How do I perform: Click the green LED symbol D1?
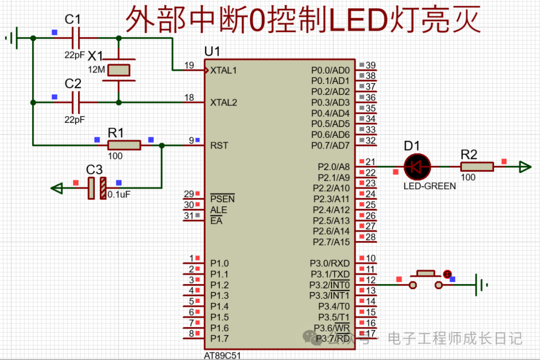(x=416, y=166)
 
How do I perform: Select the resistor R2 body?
(x=477, y=166)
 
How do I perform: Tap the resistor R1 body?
(x=124, y=145)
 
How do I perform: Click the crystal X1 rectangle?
(x=119, y=70)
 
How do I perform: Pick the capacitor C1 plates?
(x=76, y=38)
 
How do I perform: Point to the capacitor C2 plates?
(x=76, y=102)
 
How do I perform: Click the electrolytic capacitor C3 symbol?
(x=97, y=188)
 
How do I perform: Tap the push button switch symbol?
(x=425, y=279)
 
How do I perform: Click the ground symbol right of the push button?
(x=481, y=285)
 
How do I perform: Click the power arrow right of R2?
(x=525, y=166)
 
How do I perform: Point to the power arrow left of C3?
(x=56, y=188)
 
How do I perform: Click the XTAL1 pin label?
(x=223, y=70)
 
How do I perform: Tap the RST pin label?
(x=219, y=145)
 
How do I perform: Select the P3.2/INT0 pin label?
(x=329, y=285)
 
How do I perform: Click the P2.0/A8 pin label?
(x=333, y=167)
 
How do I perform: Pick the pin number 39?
(x=370, y=65)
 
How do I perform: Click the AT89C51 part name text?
(x=222, y=355)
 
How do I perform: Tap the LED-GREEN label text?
(x=429, y=186)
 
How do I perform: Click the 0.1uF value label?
(x=119, y=194)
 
